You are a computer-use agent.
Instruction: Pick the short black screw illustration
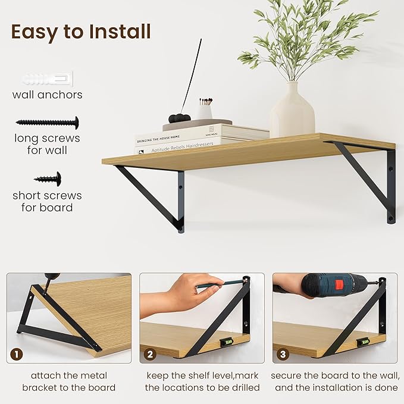(x=48, y=178)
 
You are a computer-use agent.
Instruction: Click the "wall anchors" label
(x=48, y=95)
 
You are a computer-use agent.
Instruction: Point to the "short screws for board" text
(x=48, y=201)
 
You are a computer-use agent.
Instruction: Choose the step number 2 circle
(x=151, y=355)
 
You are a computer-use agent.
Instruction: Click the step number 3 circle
(x=283, y=355)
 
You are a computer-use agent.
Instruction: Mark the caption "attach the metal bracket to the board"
(x=70, y=381)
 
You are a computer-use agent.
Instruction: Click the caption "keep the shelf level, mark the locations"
(x=202, y=381)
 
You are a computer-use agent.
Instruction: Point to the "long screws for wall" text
(x=48, y=145)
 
